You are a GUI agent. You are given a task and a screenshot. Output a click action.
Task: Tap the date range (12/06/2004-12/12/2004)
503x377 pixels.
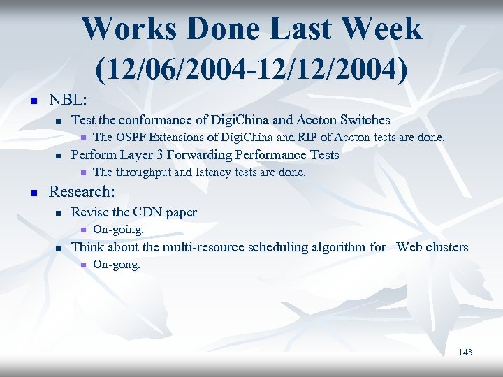(x=251, y=69)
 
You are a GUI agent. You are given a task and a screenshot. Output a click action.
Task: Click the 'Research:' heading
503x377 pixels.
(x=81, y=191)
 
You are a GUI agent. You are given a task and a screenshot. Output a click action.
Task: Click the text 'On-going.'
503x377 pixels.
(x=117, y=229)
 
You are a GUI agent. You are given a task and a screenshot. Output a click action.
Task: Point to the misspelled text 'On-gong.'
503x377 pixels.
(x=116, y=265)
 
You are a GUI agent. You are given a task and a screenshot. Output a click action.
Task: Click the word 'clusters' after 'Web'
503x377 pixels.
(x=446, y=247)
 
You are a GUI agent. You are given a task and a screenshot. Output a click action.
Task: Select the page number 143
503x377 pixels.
(x=465, y=353)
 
